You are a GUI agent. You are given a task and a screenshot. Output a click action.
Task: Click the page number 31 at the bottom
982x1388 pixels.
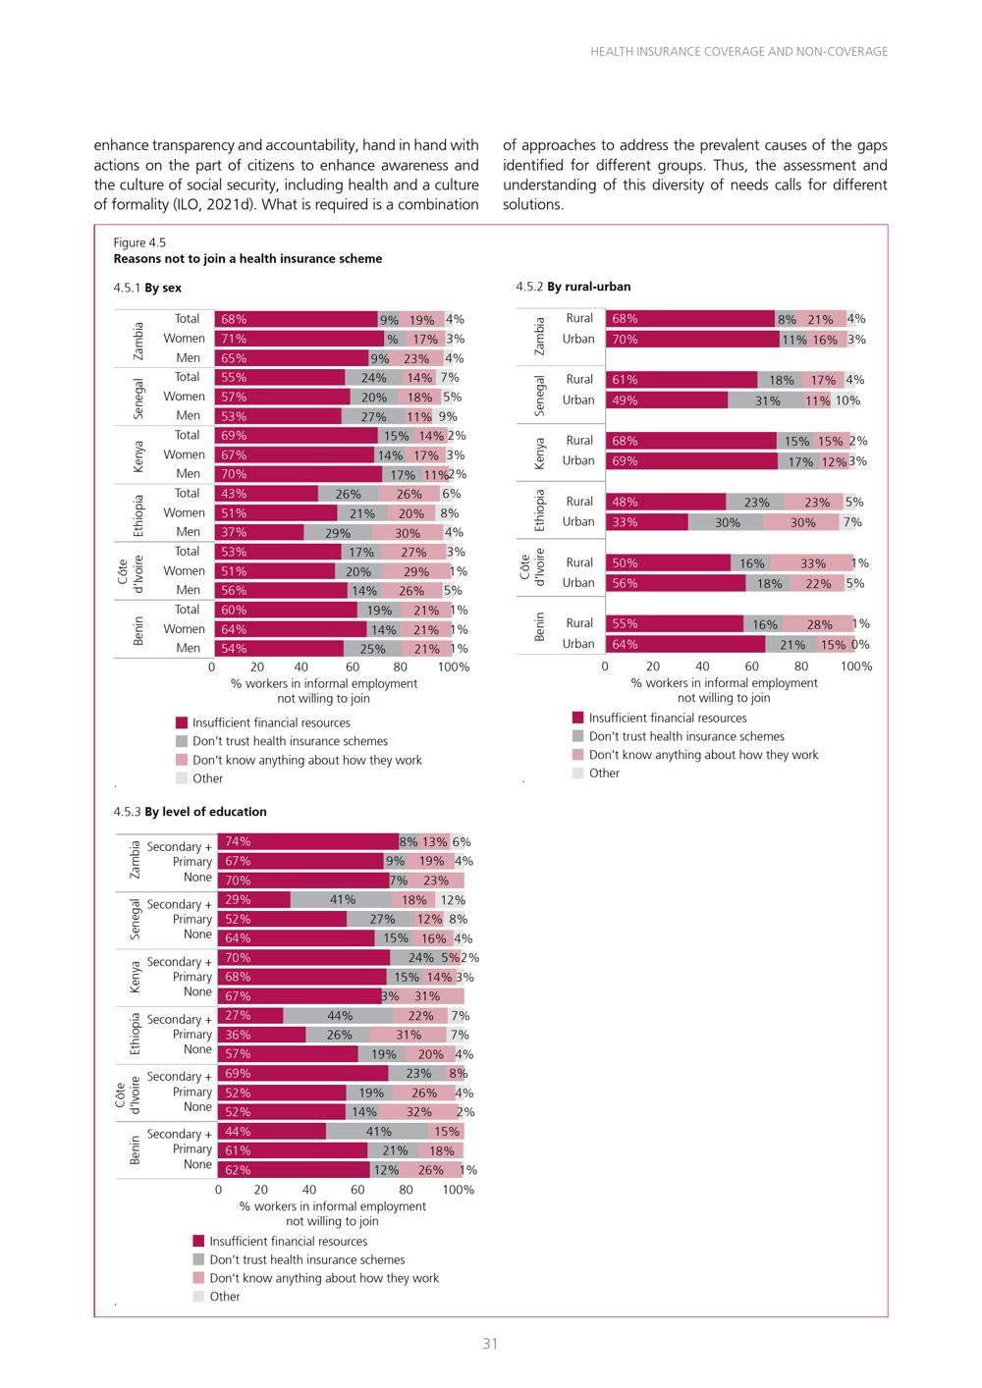[490, 1344]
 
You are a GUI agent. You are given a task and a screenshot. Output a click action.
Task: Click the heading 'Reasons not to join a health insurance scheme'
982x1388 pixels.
[247, 258]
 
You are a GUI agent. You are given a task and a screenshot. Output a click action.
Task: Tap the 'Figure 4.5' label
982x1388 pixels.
[139, 242]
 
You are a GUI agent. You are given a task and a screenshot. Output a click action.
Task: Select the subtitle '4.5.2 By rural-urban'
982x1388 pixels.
[573, 287]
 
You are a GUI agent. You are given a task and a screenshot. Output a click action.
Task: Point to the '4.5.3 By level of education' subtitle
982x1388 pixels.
[190, 811]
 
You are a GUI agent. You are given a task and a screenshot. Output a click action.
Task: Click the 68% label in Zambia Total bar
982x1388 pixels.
[234, 319]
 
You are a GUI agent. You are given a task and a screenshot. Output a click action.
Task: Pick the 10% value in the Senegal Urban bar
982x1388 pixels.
[846, 400]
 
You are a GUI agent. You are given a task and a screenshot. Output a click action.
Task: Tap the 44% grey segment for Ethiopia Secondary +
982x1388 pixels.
[338, 1016]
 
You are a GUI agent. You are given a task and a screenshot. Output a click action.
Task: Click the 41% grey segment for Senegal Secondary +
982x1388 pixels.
[341, 899]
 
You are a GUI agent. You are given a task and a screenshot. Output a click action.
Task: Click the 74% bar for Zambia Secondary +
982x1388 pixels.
[308, 841]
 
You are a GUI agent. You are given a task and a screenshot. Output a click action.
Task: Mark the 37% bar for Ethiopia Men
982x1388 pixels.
[259, 532]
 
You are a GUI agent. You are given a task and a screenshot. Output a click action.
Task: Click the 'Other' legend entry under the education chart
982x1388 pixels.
[216, 1297]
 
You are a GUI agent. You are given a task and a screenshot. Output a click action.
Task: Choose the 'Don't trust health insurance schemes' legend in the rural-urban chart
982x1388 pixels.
[679, 736]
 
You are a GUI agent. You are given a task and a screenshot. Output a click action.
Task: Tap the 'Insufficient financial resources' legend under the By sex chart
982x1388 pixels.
[263, 722]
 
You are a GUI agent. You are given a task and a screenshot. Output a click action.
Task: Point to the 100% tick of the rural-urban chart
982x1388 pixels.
[855, 667]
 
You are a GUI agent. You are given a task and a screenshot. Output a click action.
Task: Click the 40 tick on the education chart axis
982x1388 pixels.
[308, 1189]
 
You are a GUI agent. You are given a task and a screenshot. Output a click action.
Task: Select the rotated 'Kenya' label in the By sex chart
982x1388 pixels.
[138, 456]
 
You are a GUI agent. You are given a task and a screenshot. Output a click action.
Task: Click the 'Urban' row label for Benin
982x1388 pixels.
[577, 643]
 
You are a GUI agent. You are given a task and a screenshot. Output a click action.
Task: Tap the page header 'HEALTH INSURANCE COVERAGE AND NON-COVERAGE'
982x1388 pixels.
[738, 51]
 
